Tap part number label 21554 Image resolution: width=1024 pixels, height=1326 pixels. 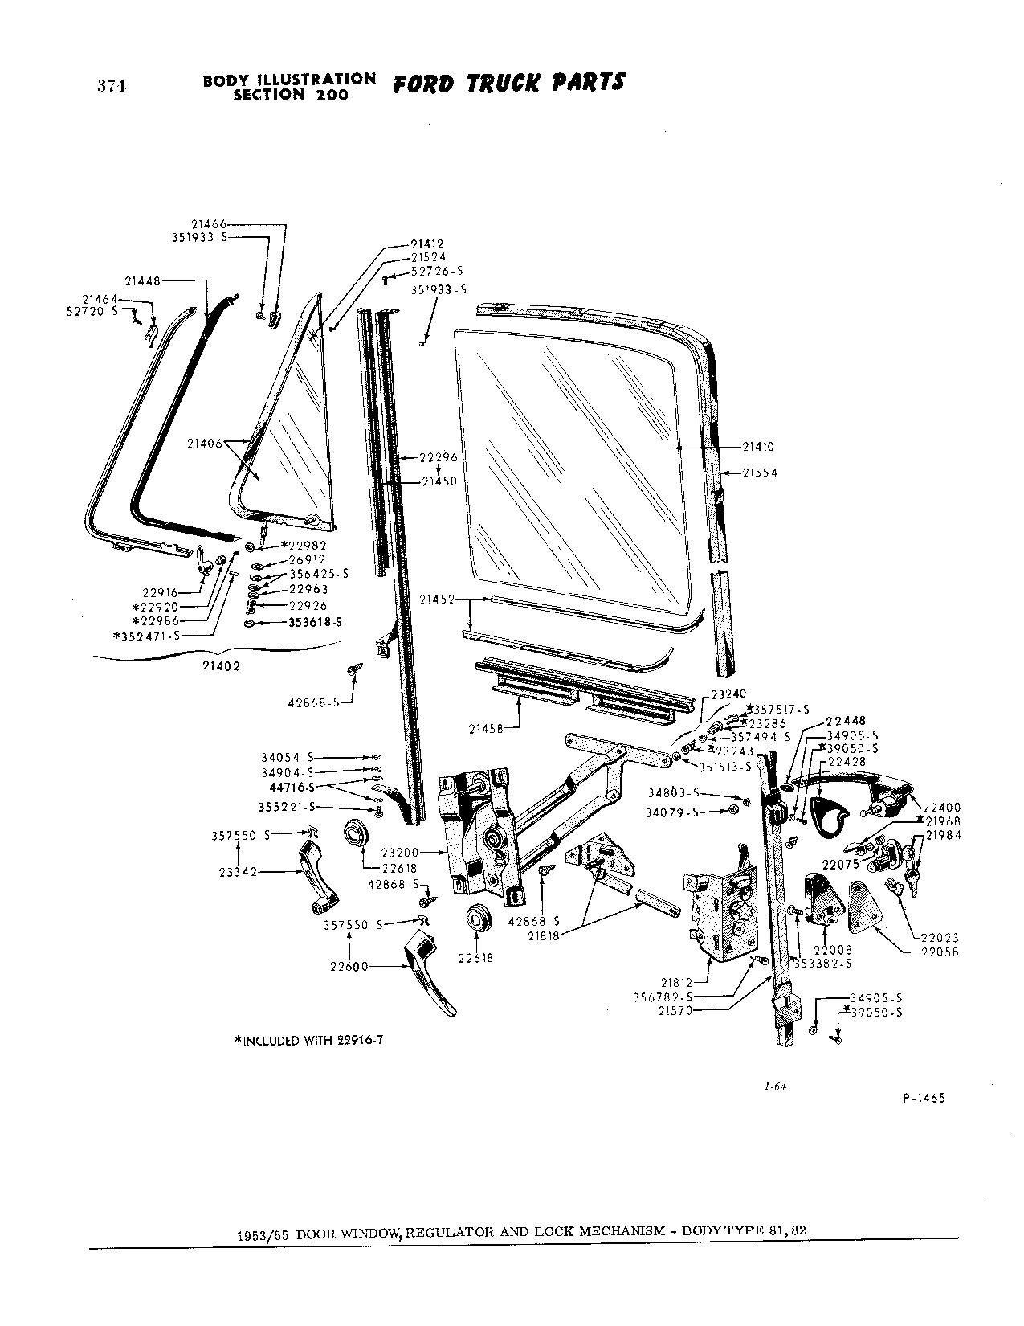click(760, 473)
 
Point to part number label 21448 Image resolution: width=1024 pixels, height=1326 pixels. click(142, 280)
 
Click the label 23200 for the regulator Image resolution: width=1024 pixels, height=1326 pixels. click(398, 852)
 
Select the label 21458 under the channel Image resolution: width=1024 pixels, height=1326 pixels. click(487, 728)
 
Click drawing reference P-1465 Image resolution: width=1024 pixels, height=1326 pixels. click(924, 1099)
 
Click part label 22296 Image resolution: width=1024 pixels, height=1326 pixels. click(440, 457)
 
